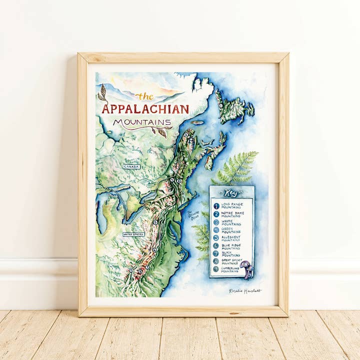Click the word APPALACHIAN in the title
pyautogui.click(x=145, y=109)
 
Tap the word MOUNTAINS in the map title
pyautogui.click(x=142, y=121)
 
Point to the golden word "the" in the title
pyautogui.click(x=145, y=96)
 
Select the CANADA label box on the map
pyautogui.click(x=131, y=166)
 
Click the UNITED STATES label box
pyautogui.click(x=133, y=233)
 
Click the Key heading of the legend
pyautogui.click(x=231, y=193)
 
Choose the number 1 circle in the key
pyautogui.click(x=216, y=205)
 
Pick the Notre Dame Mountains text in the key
pyautogui.click(x=231, y=214)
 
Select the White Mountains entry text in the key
pyautogui.click(x=230, y=222)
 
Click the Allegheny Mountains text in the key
pyautogui.click(x=231, y=238)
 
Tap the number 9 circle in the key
pyautogui.click(x=216, y=269)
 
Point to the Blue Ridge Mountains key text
pyautogui.click(x=232, y=245)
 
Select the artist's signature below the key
pyautogui.click(x=245, y=290)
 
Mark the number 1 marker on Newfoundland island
pyautogui.click(x=220, y=105)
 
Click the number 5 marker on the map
pyautogui.click(x=155, y=222)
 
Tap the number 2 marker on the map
pyautogui.click(x=185, y=134)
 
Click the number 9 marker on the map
pyautogui.click(x=130, y=270)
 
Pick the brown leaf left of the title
pyautogui.click(x=102, y=93)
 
